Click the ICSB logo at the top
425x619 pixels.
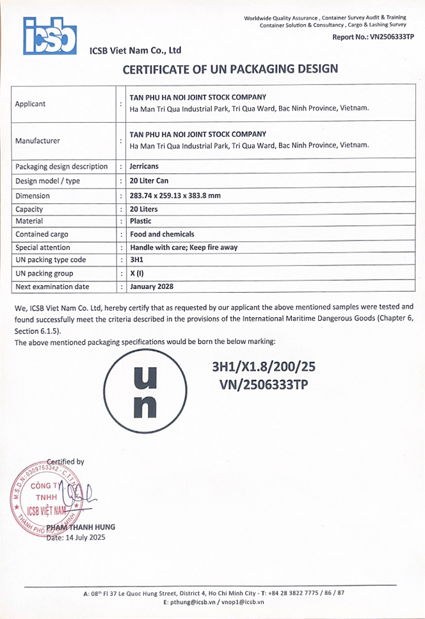click(x=50, y=35)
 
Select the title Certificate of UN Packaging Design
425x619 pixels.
click(x=230, y=69)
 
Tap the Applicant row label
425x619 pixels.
click(x=31, y=104)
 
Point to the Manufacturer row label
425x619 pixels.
click(x=37, y=141)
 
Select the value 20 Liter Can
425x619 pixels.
click(x=149, y=181)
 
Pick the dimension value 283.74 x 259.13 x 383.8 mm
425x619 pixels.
click(x=175, y=196)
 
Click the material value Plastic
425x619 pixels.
click(x=141, y=221)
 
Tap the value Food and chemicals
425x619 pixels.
click(x=162, y=234)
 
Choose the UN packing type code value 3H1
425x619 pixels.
click(x=137, y=260)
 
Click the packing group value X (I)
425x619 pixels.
click(x=137, y=274)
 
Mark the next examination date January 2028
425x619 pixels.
click(x=152, y=286)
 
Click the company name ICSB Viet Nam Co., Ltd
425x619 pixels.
click(x=136, y=51)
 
